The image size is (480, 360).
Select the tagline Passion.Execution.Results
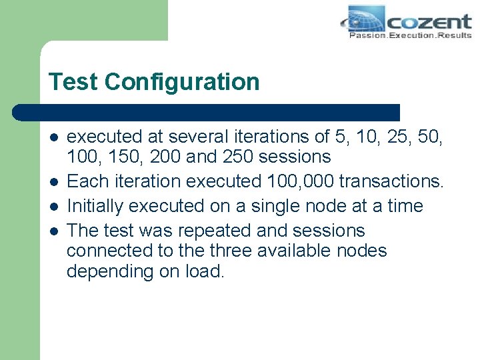(x=410, y=35)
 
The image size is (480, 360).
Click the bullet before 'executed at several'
(x=53, y=137)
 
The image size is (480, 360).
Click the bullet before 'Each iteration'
(x=53, y=182)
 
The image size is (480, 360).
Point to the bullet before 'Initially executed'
(x=53, y=207)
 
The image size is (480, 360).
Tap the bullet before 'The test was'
(x=53, y=231)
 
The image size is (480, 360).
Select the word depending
(x=109, y=272)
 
